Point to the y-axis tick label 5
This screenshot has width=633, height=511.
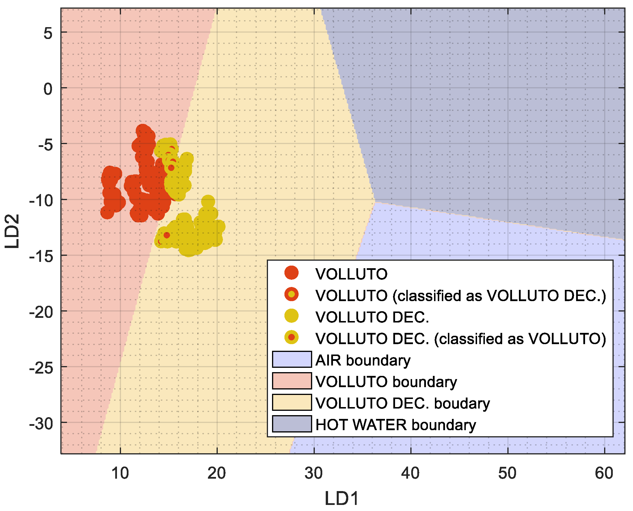(x=48, y=33)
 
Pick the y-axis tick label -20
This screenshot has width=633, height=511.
(x=41, y=312)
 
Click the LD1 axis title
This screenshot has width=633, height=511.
(x=342, y=499)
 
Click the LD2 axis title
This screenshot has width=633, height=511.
(x=12, y=231)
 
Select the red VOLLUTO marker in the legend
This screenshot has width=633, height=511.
(x=291, y=273)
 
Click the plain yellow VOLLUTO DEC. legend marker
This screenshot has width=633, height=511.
(x=291, y=316)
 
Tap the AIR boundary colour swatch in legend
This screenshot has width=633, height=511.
(x=292, y=359)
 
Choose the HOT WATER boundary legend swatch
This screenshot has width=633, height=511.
(x=292, y=424)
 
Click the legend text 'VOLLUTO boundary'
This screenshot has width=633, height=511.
(x=386, y=382)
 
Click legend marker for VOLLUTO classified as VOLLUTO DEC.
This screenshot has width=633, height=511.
(x=291, y=294)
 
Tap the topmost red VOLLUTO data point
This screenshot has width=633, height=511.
(x=142, y=130)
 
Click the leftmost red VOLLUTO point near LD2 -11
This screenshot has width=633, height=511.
(x=107, y=212)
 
